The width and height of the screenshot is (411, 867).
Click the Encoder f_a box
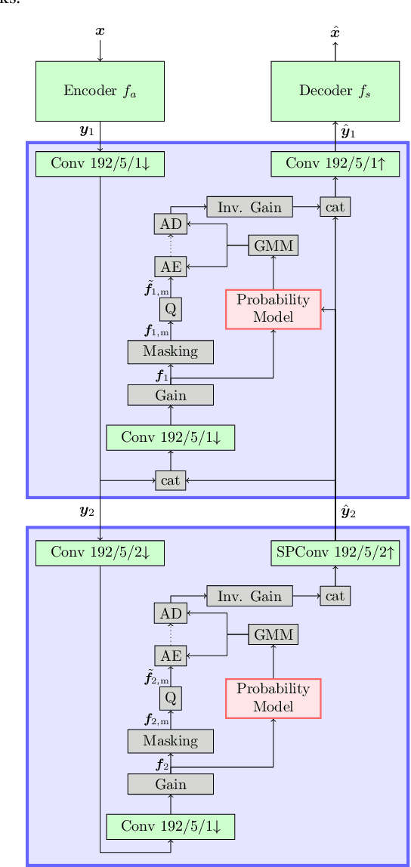coord(100,91)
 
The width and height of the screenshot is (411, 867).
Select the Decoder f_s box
coord(335,91)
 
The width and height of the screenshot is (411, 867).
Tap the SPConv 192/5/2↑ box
coord(335,553)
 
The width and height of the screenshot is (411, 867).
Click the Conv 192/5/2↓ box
coord(100,553)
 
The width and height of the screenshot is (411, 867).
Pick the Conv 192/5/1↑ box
coord(335,164)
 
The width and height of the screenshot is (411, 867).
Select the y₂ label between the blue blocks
coord(86,511)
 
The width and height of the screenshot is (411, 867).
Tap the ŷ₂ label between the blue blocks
coord(348,511)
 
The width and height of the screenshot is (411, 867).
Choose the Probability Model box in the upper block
coord(273,309)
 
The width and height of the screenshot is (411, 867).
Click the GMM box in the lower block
coord(273,634)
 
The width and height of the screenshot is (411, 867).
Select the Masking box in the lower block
coord(170,741)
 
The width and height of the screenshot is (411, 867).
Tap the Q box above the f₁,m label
coord(170,309)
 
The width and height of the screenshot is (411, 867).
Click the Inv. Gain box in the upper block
coord(249,207)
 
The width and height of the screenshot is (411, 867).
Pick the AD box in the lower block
coord(170,612)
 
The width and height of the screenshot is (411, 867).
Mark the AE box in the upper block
coord(170,267)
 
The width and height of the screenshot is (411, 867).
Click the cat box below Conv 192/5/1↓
coord(170,480)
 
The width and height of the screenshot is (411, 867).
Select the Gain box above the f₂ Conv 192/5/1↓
coord(170,784)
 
